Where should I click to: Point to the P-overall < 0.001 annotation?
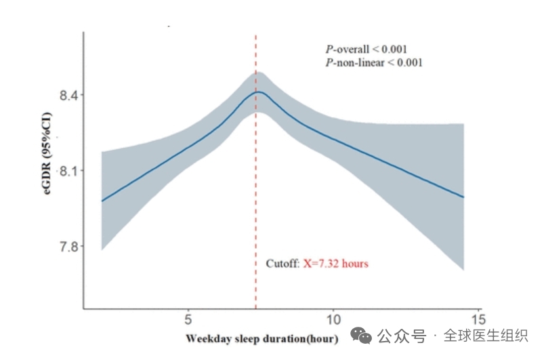(x=367, y=49)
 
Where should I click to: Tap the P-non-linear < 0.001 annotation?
(x=374, y=62)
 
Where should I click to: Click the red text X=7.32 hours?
(x=335, y=263)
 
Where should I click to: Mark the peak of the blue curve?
(x=257, y=92)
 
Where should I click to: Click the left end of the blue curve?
(x=102, y=201)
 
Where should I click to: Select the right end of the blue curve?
(x=463, y=197)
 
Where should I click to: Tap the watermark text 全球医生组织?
(x=485, y=336)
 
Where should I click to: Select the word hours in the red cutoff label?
(x=355, y=263)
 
